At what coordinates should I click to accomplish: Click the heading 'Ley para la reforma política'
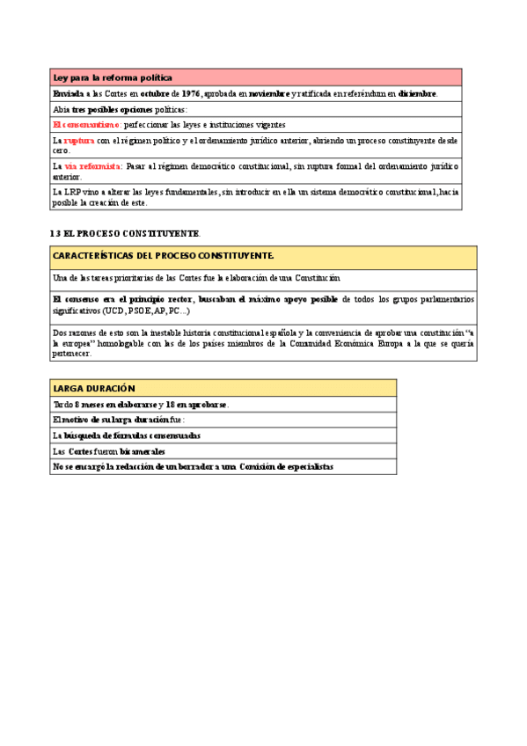coord(113,78)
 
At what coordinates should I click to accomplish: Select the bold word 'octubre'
coord(154,94)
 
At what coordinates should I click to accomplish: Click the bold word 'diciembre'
coord(417,94)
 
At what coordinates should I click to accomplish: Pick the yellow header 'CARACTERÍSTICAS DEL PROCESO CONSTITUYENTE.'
coord(164,256)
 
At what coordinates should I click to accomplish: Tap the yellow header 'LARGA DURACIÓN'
coord(94,388)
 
